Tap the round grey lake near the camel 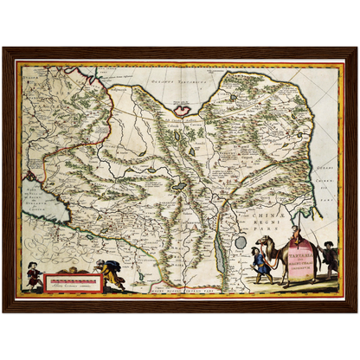[x=240, y=243]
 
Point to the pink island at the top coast [x=183, y=110]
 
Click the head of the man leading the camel [x=254, y=251]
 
